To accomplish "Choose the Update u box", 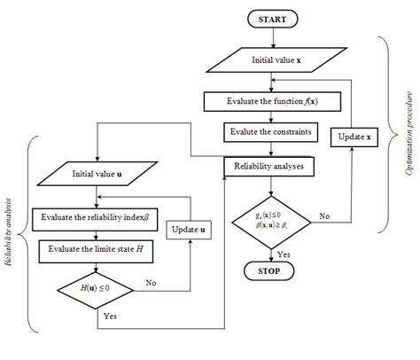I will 191,230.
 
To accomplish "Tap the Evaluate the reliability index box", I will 97,215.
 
